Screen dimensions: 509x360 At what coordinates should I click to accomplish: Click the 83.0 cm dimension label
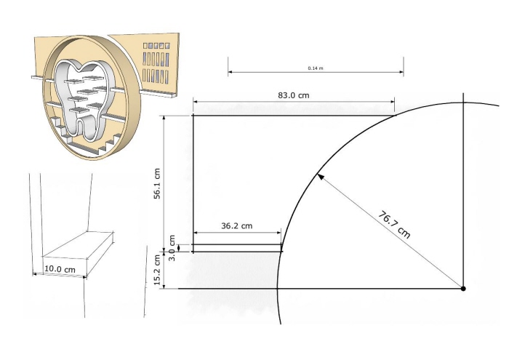(x=294, y=95)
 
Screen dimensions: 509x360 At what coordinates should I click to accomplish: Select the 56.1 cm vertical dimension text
(x=157, y=183)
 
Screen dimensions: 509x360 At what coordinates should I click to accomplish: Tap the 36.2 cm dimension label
(x=236, y=225)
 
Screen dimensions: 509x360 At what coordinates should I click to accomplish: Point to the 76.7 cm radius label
(x=394, y=225)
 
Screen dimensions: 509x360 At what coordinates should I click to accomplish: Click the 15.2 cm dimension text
(x=157, y=270)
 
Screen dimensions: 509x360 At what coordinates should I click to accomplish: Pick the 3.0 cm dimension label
(x=172, y=248)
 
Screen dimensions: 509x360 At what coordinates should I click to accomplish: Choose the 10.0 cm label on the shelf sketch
(x=60, y=269)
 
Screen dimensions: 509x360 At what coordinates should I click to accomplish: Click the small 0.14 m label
(x=316, y=68)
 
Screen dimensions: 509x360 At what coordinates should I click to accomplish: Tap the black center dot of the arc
(x=463, y=288)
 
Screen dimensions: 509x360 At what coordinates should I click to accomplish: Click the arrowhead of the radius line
(x=320, y=177)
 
